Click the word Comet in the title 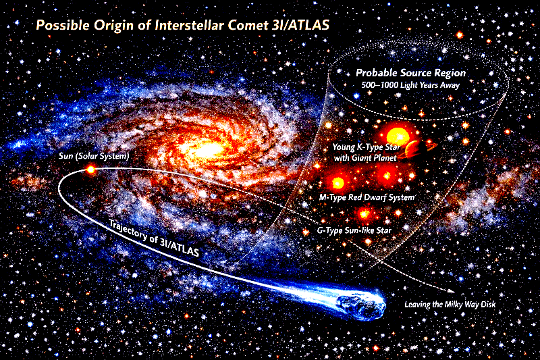point(238,26)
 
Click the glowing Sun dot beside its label point(90,170)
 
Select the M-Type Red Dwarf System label point(366,197)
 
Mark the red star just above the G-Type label point(365,214)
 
